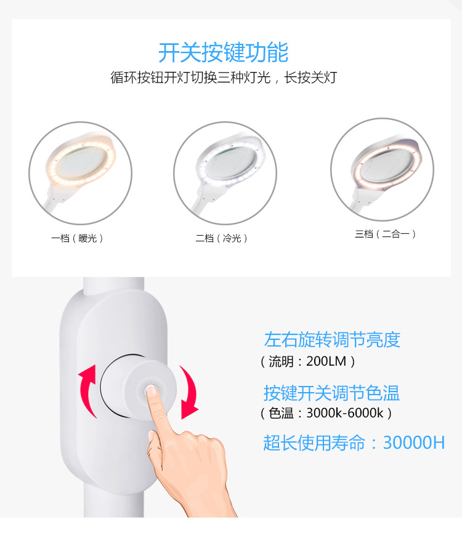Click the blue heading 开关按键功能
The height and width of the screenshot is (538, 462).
tap(223, 52)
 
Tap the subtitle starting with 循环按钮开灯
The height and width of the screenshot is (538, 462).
tap(223, 79)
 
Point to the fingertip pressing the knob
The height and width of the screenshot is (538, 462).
tap(152, 394)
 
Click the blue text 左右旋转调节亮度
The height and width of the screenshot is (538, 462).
tap(332, 340)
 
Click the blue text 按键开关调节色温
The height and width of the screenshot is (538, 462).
tap(332, 393)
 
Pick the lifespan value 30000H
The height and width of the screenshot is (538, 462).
tap(413, 443)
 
